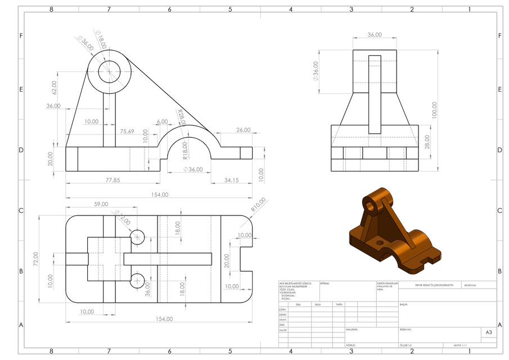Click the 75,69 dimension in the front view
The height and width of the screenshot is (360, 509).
(127, 131)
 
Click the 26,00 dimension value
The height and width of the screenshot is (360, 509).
(243, 130)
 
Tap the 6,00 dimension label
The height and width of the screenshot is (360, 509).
(162, 121)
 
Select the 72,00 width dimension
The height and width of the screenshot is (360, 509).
(36, 259)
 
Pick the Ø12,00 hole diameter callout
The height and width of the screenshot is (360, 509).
(123, 218)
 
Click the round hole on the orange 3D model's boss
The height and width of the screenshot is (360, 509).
(371, 206)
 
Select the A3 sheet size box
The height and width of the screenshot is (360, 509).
(488, 332)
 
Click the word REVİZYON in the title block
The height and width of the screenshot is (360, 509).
(470, 285)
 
